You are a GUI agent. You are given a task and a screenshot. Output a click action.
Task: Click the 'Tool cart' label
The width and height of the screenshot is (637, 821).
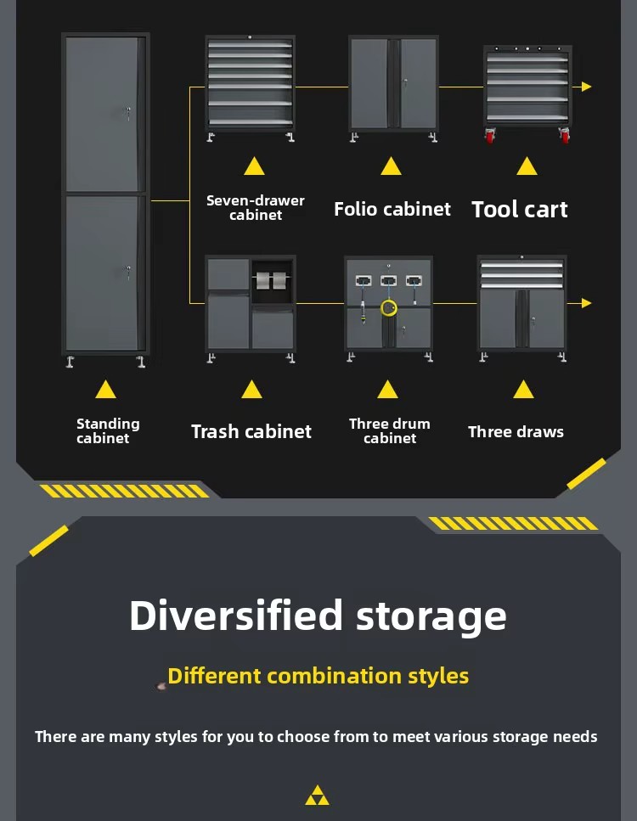(x=520, y=210)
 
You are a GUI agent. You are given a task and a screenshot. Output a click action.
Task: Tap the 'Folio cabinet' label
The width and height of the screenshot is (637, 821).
(x=392, y=209)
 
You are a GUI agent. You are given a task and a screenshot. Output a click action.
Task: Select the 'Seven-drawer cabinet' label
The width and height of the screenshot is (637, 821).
(x=256, y=208)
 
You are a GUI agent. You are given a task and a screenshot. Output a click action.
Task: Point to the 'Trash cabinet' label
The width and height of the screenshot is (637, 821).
(x=251, y=431)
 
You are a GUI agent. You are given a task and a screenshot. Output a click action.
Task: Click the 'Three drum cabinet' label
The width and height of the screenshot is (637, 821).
(x=390, y=431)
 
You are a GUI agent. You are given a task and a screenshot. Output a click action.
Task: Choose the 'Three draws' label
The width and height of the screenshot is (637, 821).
(x=516, y=432)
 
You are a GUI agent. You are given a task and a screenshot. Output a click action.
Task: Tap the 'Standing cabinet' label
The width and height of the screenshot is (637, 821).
(x=108, y=431)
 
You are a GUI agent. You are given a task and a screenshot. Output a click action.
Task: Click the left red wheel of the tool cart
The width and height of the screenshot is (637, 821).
(x=490, y=137)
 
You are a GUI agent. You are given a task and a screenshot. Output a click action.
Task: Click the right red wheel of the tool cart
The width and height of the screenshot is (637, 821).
(x=564, y=136)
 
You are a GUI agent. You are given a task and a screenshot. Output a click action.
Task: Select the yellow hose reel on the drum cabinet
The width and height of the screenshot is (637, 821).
(x=389, y=308)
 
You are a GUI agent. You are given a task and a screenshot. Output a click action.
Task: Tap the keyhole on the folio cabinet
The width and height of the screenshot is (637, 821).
(x=405, y=82)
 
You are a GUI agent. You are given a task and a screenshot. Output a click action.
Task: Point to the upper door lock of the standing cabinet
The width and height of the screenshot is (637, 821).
(x=127, y=112)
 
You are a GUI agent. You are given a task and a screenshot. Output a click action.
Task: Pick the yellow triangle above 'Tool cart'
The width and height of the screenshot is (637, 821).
(x=527, y=167)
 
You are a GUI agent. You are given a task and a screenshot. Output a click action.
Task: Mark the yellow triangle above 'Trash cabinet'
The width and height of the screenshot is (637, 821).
(x=251, y=390)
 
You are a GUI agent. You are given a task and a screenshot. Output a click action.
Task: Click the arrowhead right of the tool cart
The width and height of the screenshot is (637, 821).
(x=586, y=87)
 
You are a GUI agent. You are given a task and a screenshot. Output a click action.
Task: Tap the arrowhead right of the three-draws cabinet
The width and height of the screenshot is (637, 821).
(x=586, y=303)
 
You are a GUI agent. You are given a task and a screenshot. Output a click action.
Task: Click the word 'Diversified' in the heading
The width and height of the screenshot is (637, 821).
(x=236, y=616)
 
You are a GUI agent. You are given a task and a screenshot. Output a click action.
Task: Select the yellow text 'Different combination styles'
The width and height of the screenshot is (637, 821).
(x=318, y=676)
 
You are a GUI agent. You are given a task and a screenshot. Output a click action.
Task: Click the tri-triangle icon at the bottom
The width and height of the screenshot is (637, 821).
(x=318, y=796)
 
